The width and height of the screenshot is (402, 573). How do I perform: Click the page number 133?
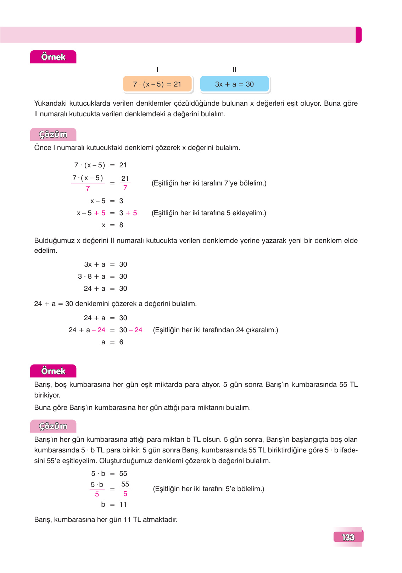pos(348,537)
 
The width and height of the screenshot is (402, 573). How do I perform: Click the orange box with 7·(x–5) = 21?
pos(157,84)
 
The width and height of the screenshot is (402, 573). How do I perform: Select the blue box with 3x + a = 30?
pos(234,84)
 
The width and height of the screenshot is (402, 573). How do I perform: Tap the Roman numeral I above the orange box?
pos(157,70)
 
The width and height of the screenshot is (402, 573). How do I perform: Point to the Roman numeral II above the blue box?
pos(234,70)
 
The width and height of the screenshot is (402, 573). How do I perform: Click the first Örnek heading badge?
pos(53,57)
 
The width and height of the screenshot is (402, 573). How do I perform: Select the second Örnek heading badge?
pos(53,371)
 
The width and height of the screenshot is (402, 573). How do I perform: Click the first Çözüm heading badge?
pos(53,135)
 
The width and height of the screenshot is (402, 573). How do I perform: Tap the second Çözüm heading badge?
pos(53,426)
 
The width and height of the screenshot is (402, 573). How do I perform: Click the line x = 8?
pos(112,225)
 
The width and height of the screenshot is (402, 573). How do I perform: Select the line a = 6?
pos(112,342)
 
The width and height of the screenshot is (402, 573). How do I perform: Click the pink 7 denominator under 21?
pos(125,188)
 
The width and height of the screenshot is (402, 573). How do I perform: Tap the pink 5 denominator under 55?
pos(125,494)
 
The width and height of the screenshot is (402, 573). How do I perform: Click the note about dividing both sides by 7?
pos(209,183)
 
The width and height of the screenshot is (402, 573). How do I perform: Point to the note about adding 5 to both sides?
pos(209,213)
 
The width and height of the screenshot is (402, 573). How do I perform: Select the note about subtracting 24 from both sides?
pos(215,330)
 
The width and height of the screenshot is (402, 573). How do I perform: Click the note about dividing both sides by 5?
pos(208,489)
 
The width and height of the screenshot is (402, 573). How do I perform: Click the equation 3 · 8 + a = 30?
pos(102,277)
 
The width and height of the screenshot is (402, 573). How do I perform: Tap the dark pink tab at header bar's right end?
pos(358,35)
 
